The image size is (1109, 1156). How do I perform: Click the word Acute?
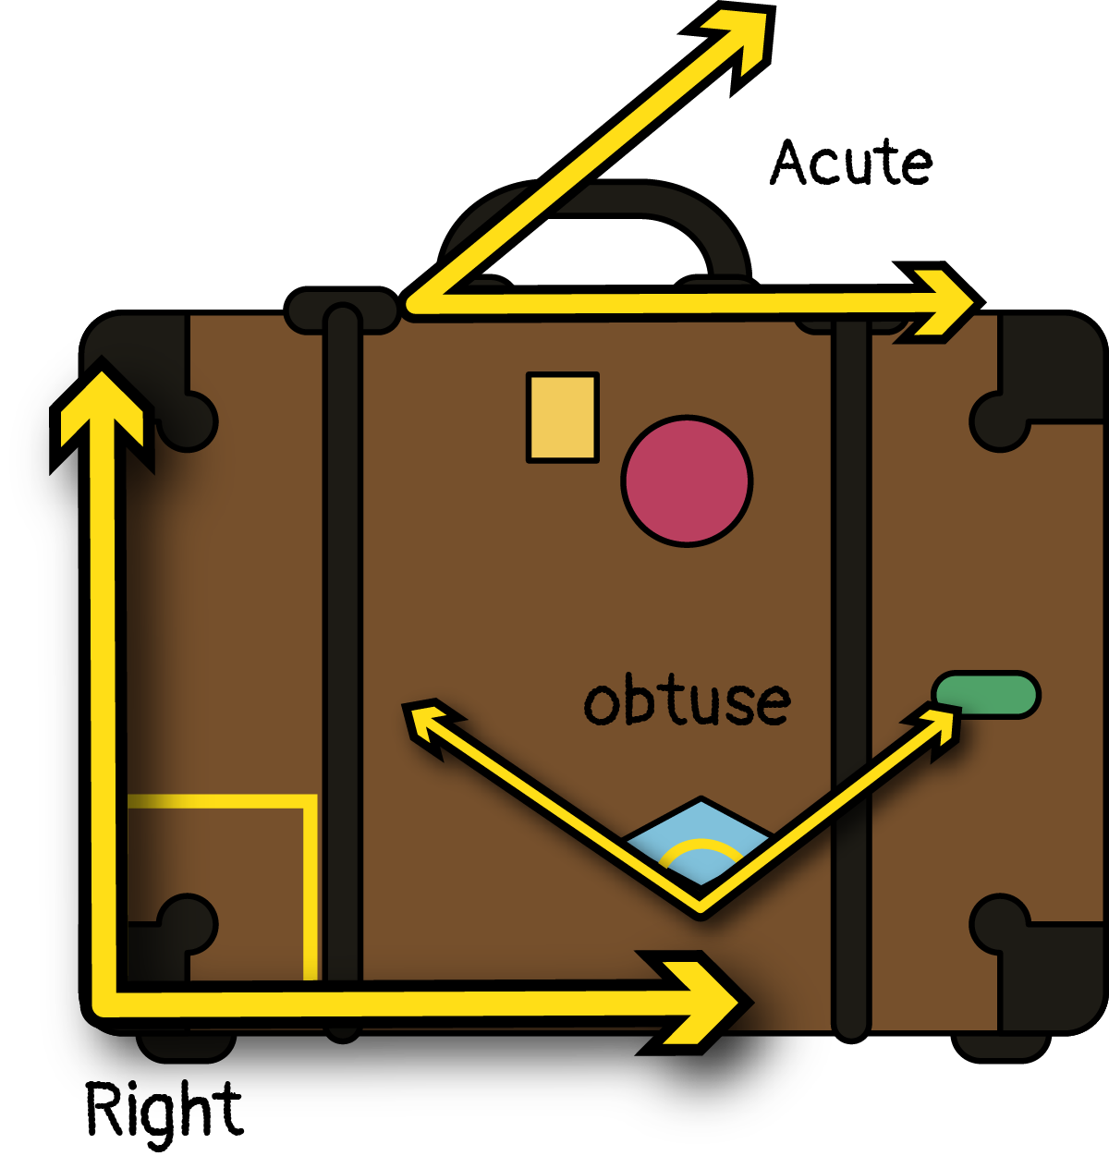[851, 163]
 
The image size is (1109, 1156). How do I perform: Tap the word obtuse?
[688, 702]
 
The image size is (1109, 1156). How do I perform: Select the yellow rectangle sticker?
[562, 417]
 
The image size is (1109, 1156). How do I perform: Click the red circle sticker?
[687, 480]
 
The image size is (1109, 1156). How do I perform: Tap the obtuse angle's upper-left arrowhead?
[425, 722]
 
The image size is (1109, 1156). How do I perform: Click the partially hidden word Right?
[166, 1120]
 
